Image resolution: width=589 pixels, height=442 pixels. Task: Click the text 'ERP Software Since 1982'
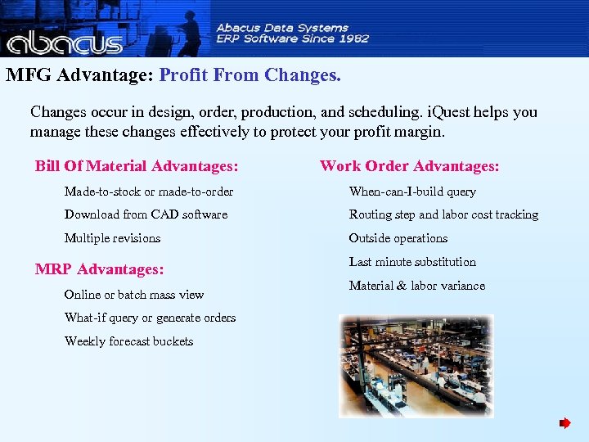click(x=292, y=38)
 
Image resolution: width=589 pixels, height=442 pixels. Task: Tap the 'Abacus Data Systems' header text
click(x=282, y=27)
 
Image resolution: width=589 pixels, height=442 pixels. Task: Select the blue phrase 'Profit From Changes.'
click(x=250, y=75)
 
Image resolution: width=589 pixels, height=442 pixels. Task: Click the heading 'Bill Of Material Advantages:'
click(x=137, y=166)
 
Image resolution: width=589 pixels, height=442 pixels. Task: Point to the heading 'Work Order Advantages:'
click(x=409, y=166)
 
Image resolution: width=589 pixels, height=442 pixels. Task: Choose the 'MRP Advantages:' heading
click(x=99, y=268)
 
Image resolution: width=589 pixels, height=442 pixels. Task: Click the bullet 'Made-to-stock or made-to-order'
click(x=149, y=192)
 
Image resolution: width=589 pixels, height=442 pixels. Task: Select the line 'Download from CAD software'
click(x=146, y=214)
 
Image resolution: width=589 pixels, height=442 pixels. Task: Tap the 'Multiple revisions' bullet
click(x=112, y=238)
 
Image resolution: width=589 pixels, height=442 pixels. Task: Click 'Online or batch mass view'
click(x=134, y=295)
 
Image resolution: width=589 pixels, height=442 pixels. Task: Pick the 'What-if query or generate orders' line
click(x=150, y=318)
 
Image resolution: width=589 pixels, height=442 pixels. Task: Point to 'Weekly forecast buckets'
click(x=128, y=341)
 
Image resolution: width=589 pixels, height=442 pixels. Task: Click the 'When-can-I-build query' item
click(x=412, y=192)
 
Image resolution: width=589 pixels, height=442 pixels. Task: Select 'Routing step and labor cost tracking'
click(x=443, y=214)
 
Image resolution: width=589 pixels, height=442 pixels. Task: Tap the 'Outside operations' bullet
click(x=398, y=238)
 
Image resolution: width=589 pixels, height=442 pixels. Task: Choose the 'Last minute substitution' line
click(x=412, y=262)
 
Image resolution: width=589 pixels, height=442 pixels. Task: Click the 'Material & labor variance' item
click(x=416, y=286)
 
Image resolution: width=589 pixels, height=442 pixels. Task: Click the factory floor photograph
click(x=416, y=366)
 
